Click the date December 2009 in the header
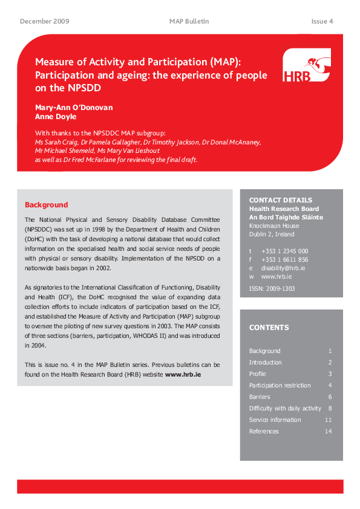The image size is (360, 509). click(45, 21)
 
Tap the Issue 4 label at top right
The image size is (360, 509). click(322, 21)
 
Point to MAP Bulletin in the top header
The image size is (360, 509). click(189, 21)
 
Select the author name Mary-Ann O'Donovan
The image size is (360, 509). click(74, 108)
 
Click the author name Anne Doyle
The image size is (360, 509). click(56, 117)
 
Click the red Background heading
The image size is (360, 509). click(46, 205)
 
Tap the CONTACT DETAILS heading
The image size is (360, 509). click(281, 200)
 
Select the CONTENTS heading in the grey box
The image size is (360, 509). click(269, 328)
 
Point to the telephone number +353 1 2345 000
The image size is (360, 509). click(284, 251)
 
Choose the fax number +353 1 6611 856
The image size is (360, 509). click(284, 259)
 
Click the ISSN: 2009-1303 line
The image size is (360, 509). click(272, 288)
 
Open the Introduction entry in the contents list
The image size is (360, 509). click(265, 362)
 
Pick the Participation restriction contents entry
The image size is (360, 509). click(280, 385)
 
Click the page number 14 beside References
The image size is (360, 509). click(329, 431)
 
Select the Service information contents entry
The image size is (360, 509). click(275, 420)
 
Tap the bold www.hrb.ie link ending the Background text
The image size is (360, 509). click(183, 374)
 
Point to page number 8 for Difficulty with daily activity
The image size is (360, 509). click(330, 408)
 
